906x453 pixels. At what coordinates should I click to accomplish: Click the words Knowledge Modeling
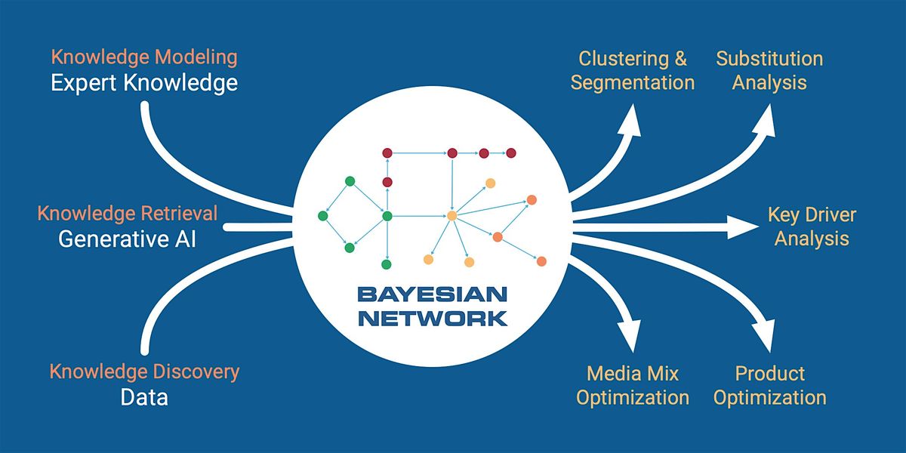pyautogui.click(x=143, y=57)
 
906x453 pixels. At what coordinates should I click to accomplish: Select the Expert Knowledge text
pyautogui.click(x=143, y=82)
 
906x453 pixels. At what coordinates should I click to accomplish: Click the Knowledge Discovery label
pyautogui.click(x=144, y=371)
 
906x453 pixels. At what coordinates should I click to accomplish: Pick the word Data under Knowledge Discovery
pyautogui.click(x=144, y=397)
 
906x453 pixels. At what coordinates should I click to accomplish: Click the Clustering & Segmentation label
pyautogui.click(x=633, y=70)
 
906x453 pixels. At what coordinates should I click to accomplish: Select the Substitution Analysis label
pyautogui.click(x=769, y=70)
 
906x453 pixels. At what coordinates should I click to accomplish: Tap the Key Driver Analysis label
pyautogui.click(x=812, y=226)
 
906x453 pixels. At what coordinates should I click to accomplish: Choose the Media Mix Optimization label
pyautogui.click(x=633, y=385)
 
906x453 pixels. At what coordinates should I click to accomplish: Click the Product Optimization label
pyautogui.click(x=769, y=385)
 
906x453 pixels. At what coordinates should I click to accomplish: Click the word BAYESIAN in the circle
pyautogui.click(x=432, y=294)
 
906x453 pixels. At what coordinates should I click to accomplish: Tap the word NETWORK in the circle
pyautogui.click(x=432, y=317)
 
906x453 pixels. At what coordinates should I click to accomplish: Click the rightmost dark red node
pyautogui.click(x=510, y=153)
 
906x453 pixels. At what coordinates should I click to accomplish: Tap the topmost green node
pyautogui.click(x=350, y=180)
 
